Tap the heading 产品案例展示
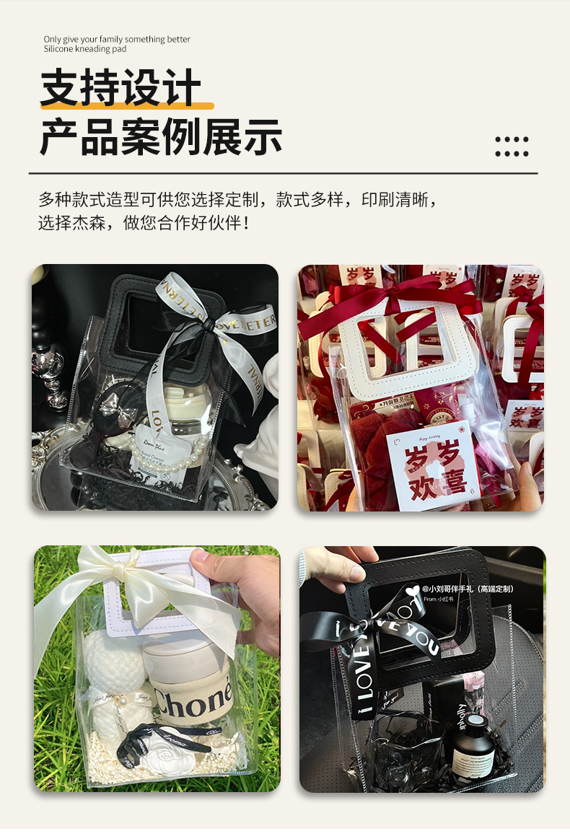tap(160, 137)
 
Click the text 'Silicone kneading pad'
tap(84, 49)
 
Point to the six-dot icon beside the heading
tap(512, 146)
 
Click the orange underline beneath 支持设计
tap(127, 106)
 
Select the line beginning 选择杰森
tap(144, 222)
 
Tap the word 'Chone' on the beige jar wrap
tap(192, 698)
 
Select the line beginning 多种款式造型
tap(238, 199)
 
